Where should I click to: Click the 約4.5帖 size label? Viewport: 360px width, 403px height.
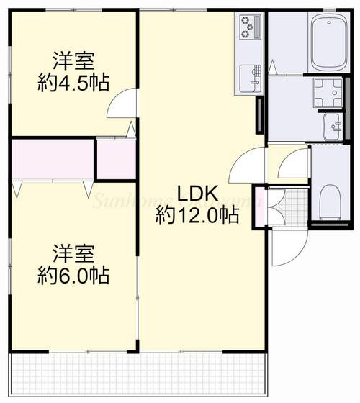point(73,83)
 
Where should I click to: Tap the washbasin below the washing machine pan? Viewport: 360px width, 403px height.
point(333,127)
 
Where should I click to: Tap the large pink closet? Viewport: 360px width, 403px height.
point(52,160)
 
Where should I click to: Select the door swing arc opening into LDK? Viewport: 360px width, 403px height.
point(243,168)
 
